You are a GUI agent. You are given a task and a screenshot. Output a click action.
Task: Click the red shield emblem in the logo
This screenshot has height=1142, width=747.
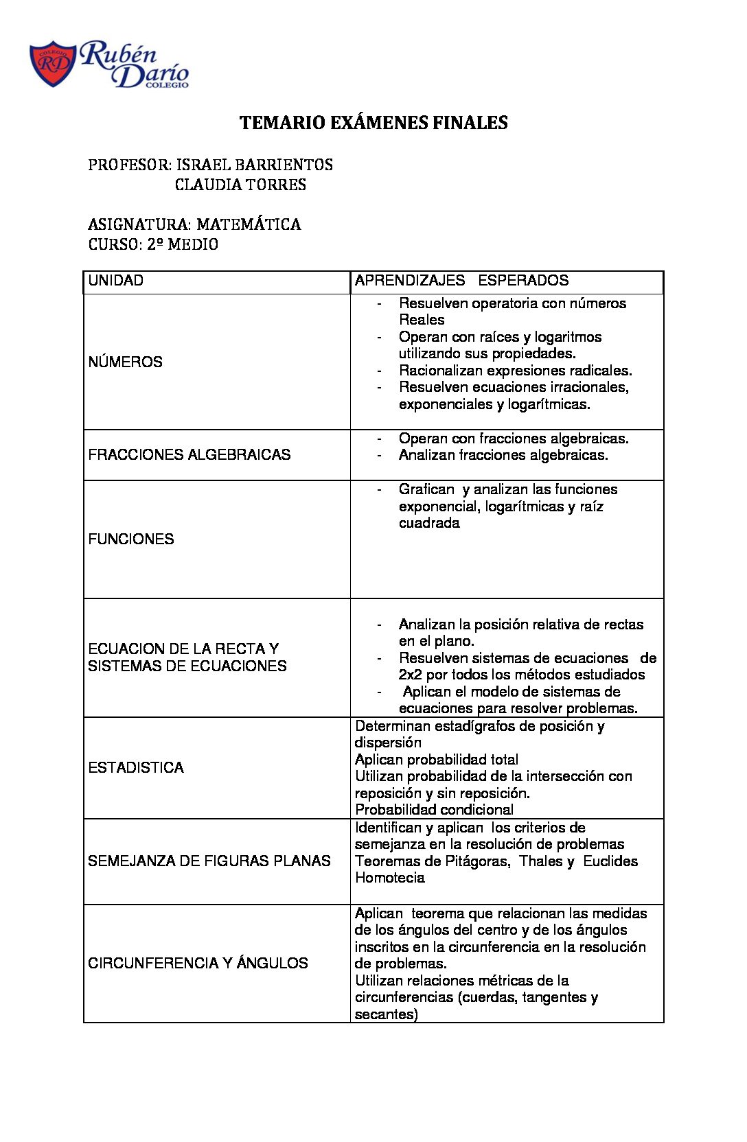point(52,64)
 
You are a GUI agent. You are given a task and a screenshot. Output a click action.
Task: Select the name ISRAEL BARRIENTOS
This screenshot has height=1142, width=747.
point(255,165)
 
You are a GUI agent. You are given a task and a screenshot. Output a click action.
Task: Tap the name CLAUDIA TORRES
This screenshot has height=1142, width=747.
point(240,185)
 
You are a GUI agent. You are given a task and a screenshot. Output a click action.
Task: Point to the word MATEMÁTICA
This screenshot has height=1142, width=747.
point(249,224)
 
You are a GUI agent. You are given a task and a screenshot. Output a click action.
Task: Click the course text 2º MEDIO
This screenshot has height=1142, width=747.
point(183,244)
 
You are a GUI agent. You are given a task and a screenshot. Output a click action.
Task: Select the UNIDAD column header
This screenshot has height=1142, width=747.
point(116,281)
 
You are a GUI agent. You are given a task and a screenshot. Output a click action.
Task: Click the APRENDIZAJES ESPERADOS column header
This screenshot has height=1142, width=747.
point(461,281)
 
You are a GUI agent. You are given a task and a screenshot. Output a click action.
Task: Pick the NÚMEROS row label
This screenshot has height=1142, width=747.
point(125,362)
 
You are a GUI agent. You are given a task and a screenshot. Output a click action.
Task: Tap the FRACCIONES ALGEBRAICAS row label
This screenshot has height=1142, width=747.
point(189,455)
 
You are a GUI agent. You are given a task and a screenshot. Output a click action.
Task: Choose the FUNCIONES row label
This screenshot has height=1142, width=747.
point(131,539)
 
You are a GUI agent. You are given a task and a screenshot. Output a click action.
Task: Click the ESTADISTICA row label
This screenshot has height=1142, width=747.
point(136,768)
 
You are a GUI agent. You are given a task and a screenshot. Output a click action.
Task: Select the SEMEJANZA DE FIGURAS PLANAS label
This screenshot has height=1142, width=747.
point(209,861)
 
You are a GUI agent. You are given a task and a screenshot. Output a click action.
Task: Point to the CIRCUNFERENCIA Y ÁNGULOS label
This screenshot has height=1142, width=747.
point(198,964)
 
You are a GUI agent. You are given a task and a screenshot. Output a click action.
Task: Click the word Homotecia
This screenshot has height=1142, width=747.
point(389,878)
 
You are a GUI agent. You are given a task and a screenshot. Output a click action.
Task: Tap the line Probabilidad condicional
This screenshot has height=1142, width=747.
point(434,810)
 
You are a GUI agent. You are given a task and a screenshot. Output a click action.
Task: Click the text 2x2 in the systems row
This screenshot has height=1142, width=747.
point(410,675)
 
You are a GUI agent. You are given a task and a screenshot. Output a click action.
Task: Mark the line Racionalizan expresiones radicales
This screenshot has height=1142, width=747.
point(515,371)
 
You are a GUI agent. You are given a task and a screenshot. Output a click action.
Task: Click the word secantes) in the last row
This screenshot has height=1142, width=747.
point(386,1014)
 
